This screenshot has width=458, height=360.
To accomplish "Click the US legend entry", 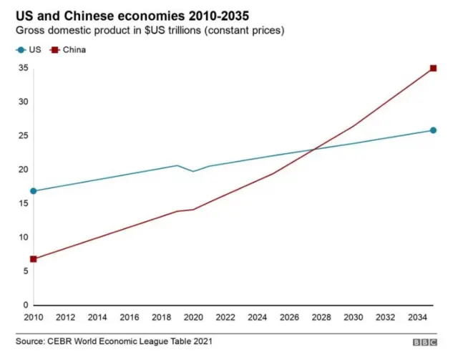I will click(x=29, y=50).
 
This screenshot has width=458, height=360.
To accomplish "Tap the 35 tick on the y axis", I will click(x=23, y=68).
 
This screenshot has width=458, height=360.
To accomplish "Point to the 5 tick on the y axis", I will click(x=25, y=271).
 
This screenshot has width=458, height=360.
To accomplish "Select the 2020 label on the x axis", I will click(x=193, y=317).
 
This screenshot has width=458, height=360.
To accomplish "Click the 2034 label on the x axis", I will click(x=417, y=317).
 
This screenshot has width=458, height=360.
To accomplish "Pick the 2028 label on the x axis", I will click(x=321, y=317).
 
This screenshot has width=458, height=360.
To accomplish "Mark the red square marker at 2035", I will click(x=433, y=68).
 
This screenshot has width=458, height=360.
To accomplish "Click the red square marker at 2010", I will click(x=34, y=259).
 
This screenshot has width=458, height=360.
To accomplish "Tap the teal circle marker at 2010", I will click(x=34, y=191).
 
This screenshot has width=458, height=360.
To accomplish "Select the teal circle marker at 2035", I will click(x=433, y=130).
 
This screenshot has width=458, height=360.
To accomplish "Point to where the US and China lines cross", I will click(x=315, y=149).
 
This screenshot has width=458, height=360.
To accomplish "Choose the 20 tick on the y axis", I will click(x=23, y=170).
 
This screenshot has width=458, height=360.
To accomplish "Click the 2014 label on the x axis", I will click(x=97, y=317).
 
